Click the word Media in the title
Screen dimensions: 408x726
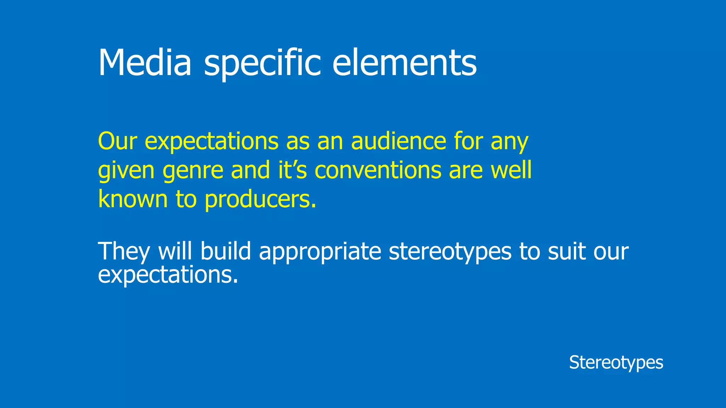click(145, 63)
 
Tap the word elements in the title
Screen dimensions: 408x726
click(404, 63)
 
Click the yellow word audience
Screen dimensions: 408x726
click(398, 141)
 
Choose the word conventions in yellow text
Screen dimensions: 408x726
click(378, 170)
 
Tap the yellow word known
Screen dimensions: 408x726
click(133, 199)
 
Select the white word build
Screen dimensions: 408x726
click(226, 251)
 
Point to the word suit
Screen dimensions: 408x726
click(567, 251)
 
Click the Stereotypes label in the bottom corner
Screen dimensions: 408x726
click(616, 363)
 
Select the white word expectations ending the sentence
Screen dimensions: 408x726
click(168, 275)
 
